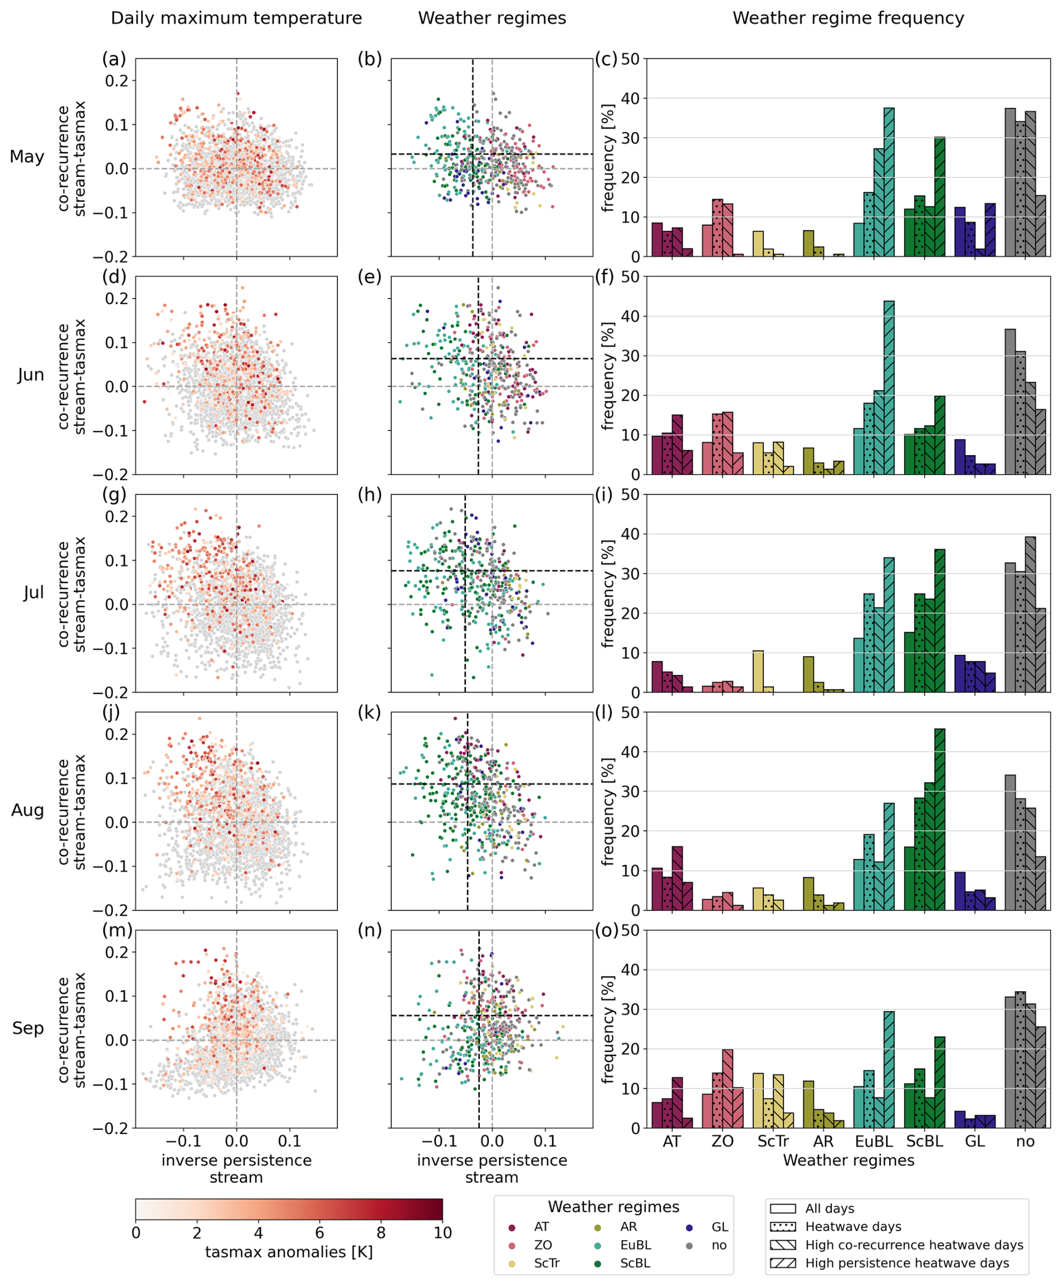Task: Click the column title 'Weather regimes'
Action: click(x=492, y=19)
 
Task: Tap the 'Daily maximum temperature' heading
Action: click(x=236, y=19)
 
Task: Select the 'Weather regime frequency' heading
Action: click(x=848, y=19)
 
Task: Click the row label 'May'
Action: click(x=27, y=157)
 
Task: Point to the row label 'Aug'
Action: click(x=28, y=811)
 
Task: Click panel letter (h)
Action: click(x=369, y=495)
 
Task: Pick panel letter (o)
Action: click(x=607, y=931)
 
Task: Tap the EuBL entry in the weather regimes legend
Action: click(x=635, y=1245)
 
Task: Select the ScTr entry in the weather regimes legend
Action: click(x=546, y=1264)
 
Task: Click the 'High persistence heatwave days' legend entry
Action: click(x=907, y=1264)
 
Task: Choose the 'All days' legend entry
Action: click(x=830, y=1209)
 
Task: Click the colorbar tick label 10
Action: click(x=442, y=1233)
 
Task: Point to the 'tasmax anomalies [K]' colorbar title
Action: click(x=289, y=1252)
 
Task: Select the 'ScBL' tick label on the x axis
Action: click(x=924, y=1142)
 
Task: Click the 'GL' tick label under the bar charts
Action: click(x=974, y=1142)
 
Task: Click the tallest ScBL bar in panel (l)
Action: click(x=940, y=819)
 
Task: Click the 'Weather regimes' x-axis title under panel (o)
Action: click(x=848, y=1161)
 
